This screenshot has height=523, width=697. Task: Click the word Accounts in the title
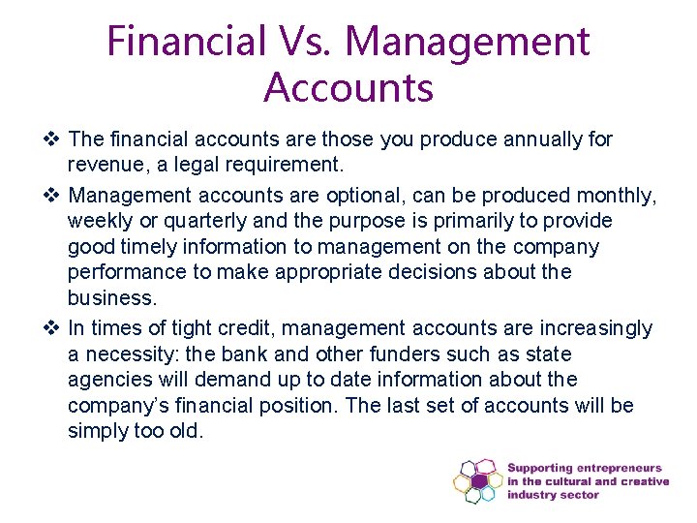tap(348, 87)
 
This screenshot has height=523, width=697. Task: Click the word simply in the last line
tap(98, 431)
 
